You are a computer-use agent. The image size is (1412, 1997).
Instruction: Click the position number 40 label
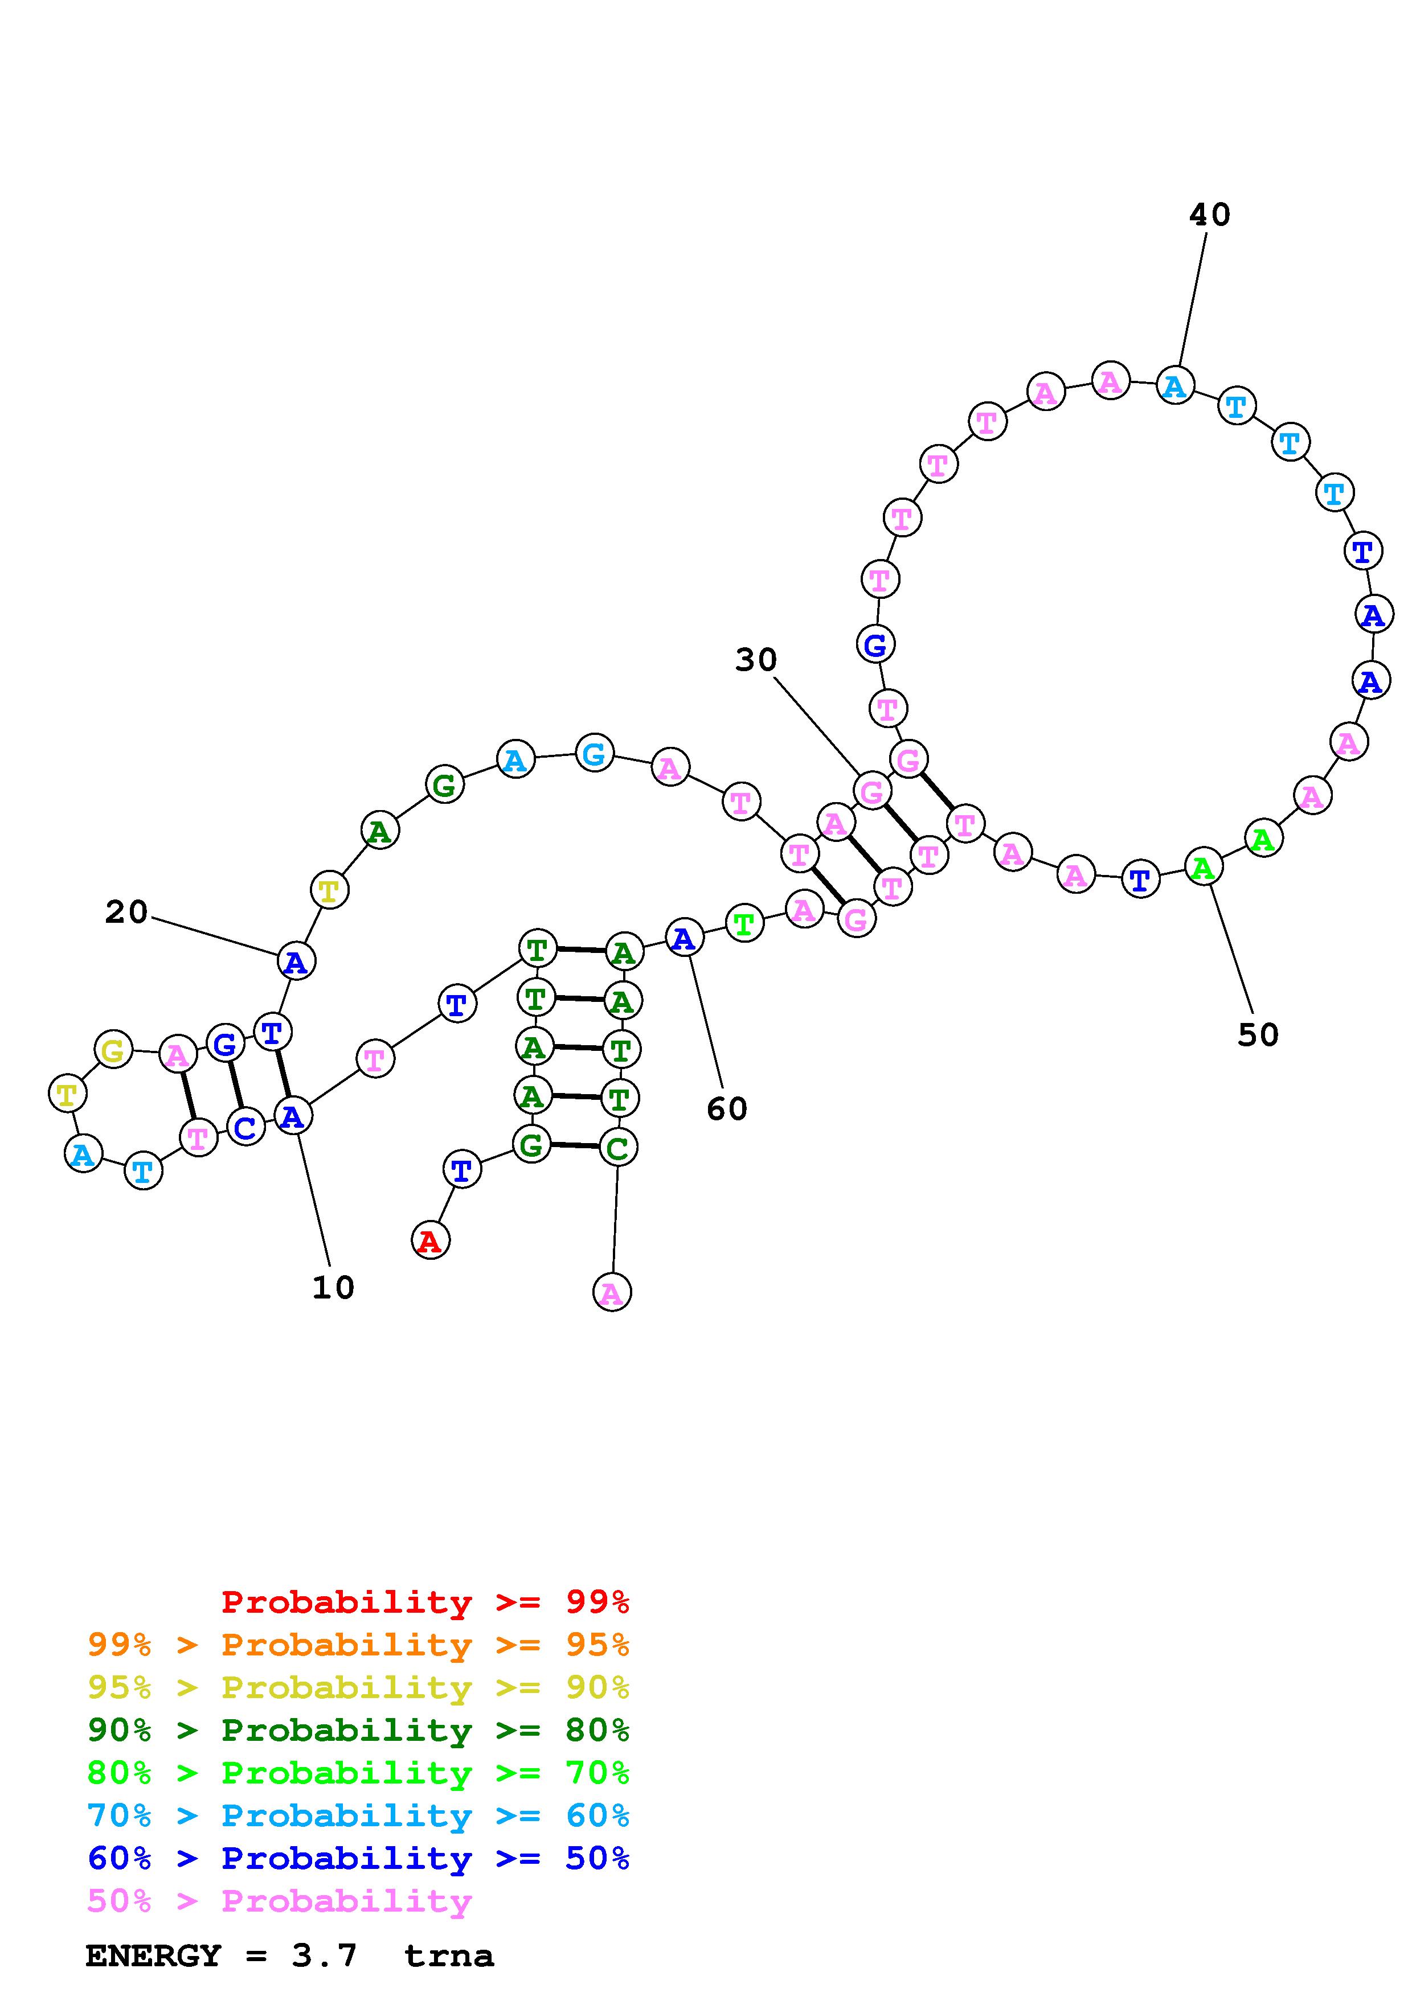(1209, 215)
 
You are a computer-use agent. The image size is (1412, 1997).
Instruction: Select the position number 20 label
(126, 913)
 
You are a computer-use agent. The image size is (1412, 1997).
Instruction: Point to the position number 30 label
(755, 660)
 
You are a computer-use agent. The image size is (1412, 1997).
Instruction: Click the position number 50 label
(1258, 1035)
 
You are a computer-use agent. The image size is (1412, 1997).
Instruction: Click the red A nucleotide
(430, 1241)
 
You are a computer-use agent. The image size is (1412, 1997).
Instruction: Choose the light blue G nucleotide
(594, 753)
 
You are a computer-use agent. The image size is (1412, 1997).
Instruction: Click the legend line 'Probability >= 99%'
(425, 1602)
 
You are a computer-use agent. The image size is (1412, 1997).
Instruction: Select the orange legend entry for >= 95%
(358, 1645)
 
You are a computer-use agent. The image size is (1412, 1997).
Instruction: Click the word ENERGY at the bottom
(153, 1956)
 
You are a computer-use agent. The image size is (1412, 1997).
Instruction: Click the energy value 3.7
(325, 1956)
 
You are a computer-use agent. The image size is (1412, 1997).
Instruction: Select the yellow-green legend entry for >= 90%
(358, 1687)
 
